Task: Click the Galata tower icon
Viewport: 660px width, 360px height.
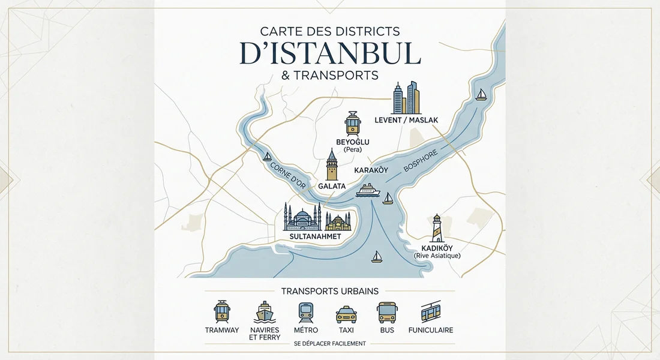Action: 331,165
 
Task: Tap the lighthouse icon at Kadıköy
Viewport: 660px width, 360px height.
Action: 437,228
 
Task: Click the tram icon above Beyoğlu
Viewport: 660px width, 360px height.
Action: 352,123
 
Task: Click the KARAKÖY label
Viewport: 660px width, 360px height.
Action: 371,170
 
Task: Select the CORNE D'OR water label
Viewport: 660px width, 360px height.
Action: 288,175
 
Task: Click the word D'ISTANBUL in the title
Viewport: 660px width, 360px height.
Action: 330,53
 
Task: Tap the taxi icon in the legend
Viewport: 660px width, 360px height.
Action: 346,314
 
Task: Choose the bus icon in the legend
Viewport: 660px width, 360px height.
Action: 386,313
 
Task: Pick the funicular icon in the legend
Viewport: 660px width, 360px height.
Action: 430,312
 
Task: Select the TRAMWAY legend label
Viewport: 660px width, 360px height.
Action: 222,330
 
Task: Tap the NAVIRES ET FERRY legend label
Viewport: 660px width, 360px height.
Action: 264,334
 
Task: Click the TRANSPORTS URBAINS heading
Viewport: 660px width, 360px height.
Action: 330,291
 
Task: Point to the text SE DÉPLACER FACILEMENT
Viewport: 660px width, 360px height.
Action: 330,344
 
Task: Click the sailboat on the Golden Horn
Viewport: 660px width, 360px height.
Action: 267,157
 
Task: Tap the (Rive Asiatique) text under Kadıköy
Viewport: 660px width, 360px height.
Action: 437,256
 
